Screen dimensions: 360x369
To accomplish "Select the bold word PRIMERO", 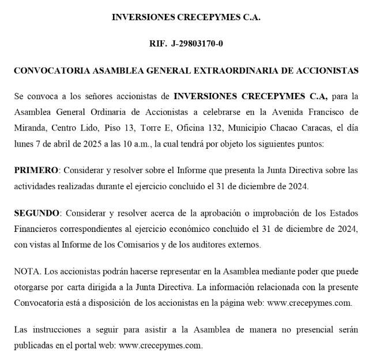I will (x=36, y=170).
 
